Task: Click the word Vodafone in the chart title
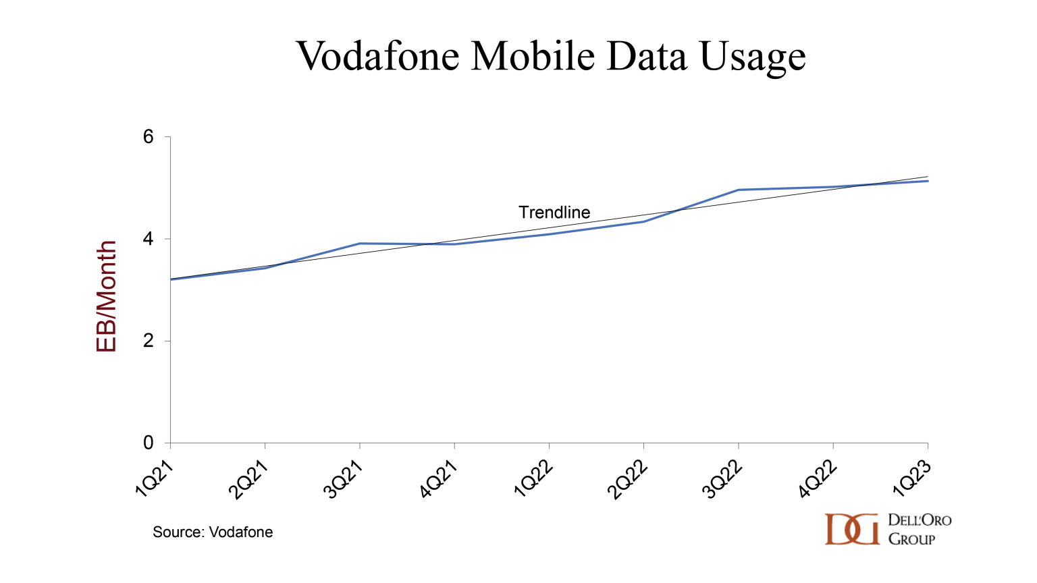[x=378, y=55]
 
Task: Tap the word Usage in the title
[x=753, y=57]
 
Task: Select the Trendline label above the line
[x=554, y=213]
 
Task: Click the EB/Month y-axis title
[x=107, y=296]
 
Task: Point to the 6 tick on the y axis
[x=149, y=137]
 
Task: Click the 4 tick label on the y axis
[x=149, y=239]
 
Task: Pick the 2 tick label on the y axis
[x=149, y=341]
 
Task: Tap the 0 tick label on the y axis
[x=149, y=443]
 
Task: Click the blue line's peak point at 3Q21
[x=360, y=244]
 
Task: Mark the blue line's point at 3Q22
[x=739, y=190]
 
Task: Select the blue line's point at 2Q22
[x=644, y=221]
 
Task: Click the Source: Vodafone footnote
[x=213, y=532]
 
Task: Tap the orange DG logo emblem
[x=852, y=529]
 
